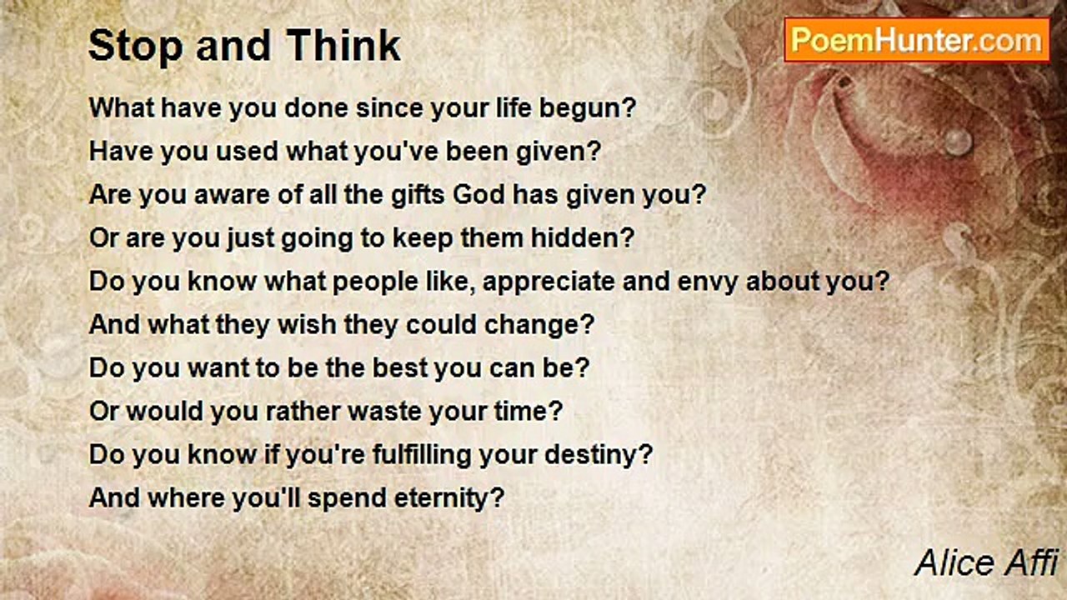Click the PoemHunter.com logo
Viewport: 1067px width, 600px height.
click(x=917, y=40)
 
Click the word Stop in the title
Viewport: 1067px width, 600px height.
click(x=136, y=46)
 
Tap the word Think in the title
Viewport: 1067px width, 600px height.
click(x=343, y=45)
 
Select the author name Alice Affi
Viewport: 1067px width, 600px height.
click(x=987, y=562)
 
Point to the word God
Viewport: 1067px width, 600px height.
click(x=478, y=195)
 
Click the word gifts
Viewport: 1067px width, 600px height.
click(x=418, y=195)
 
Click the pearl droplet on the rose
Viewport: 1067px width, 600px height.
click(x=958, y=142)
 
